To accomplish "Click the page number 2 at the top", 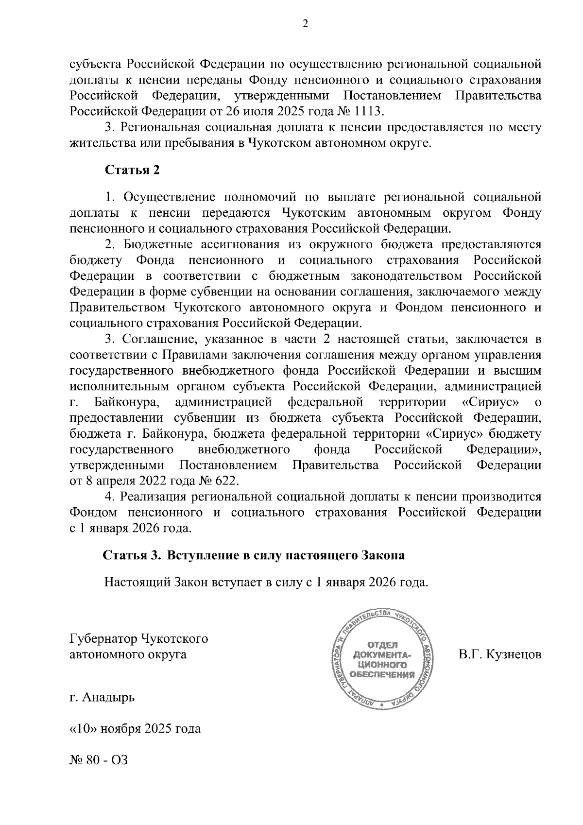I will [305, 24].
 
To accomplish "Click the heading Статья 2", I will [132, 170].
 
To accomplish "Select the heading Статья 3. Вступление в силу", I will [253, 555].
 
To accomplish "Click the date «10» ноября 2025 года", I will [136, 729].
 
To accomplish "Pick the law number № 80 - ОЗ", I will [99, 760].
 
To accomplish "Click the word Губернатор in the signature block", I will [103, 638].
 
